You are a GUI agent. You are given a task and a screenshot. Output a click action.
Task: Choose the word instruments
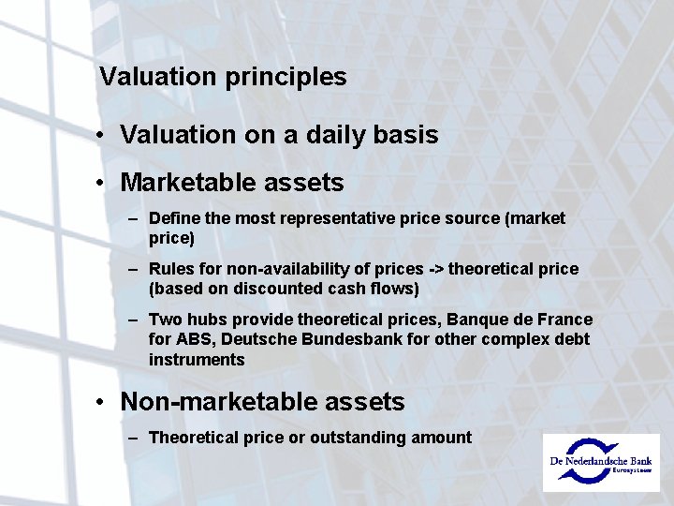197,360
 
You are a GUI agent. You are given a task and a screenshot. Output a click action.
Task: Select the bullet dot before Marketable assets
99,183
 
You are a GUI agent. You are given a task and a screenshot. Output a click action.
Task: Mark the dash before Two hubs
135,320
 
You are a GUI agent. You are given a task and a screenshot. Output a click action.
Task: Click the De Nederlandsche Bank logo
602,461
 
